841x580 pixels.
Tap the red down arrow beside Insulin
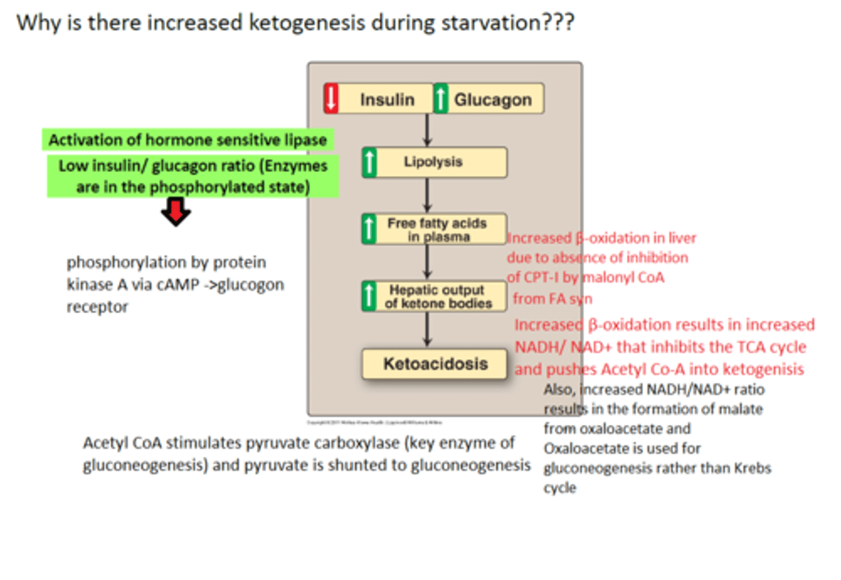click(x=331, y=98)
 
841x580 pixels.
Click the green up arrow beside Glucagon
click(x=441, y=98)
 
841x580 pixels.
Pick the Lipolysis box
click(x=433, y=162)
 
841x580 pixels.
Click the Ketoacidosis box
click(x=435, y=364)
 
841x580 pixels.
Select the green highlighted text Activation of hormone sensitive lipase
click(x=187, y=140)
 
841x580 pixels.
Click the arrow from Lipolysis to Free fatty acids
click(x=427, y=195)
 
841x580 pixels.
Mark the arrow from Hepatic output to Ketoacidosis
click(x=427, y=329)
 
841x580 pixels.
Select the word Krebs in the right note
click(x=752, y=468)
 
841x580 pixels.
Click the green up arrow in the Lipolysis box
click(x=370, y=162)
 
